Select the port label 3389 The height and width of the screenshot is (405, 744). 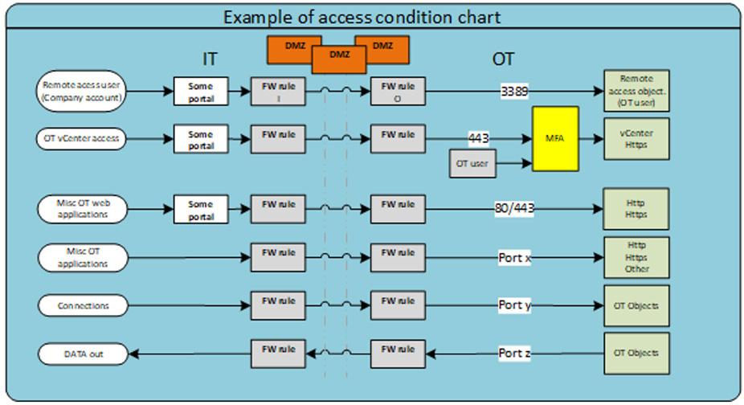(514, 92)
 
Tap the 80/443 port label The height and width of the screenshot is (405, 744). (514, 209)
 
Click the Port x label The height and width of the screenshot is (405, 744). (514, 258)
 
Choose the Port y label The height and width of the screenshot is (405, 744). (514, 305)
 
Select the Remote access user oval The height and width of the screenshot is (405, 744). (83, 90)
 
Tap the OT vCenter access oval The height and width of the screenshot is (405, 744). (83, 138)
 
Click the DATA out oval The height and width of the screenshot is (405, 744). (83, 353)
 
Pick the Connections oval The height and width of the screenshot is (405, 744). (83, 305)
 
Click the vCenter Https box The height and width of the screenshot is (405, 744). (636, 138)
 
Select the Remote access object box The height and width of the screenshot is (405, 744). (636, 90)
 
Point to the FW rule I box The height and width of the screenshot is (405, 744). (278, 91)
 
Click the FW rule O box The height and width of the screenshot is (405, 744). (398, 91)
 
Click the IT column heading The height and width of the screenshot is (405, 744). (209, 59)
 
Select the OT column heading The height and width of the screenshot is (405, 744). (503, 59)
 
